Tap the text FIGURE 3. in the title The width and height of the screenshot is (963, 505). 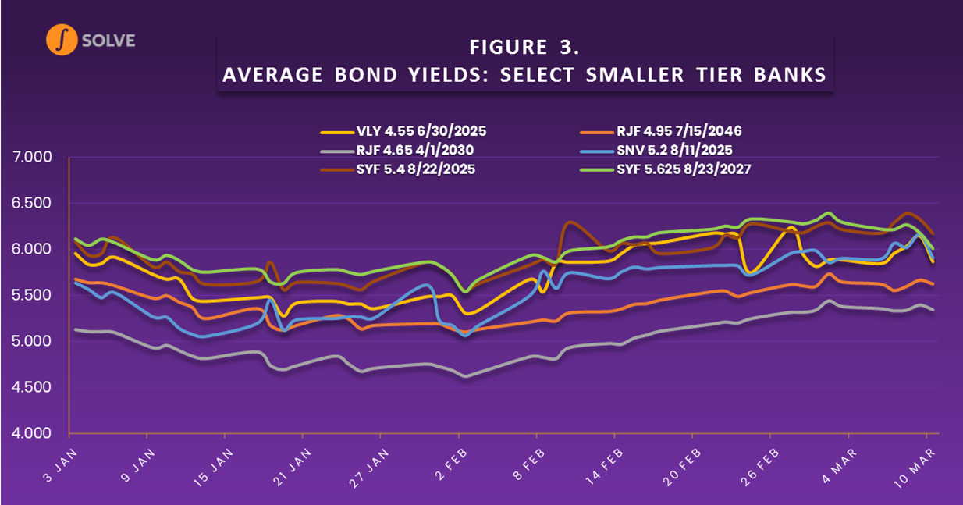tap(524, 48)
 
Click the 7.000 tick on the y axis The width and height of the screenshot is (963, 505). tap(33, 158)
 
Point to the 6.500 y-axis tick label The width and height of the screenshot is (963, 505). tap(33, 204)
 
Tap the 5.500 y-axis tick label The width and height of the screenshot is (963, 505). tap(33, 296)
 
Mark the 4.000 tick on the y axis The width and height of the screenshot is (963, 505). tap(33, 433)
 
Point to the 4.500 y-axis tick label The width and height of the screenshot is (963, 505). tap(33, 388)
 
